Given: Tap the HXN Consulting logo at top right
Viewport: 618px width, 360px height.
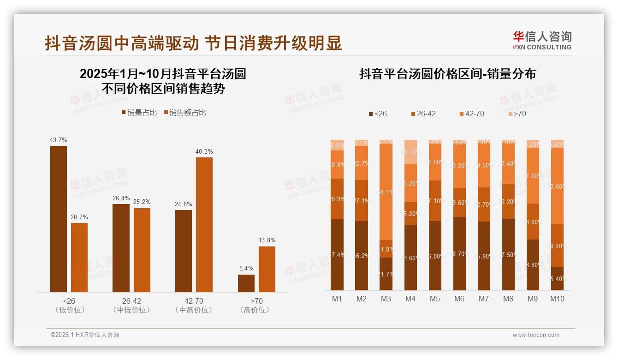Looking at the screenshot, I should (542, 41).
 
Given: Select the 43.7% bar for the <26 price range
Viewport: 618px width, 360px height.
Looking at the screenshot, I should (59, 219).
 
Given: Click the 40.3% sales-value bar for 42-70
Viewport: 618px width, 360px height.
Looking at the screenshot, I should (204, 224).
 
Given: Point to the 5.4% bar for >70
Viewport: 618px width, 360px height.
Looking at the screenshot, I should (246, 283).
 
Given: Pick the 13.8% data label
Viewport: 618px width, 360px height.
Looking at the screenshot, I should (267, 240).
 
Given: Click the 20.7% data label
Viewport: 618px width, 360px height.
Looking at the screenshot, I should (79, 217).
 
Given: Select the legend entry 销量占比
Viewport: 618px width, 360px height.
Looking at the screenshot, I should (139, 113).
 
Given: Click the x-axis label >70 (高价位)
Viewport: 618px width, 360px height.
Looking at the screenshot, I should (255, 305).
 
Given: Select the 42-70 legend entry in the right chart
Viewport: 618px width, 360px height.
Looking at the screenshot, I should (471, 114).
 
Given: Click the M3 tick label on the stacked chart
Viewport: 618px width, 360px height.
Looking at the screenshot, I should (386, 299).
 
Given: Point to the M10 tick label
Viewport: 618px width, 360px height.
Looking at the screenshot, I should (557, 299).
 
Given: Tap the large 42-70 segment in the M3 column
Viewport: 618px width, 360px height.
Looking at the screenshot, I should (386, 192).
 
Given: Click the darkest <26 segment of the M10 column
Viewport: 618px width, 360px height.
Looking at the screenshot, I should (557, 278).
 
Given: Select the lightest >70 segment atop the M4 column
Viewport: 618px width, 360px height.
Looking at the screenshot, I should (410, 151).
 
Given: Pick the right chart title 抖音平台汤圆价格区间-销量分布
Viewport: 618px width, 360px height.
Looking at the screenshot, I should (447, 74).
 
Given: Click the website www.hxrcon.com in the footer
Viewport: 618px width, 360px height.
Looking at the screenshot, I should (536, 335).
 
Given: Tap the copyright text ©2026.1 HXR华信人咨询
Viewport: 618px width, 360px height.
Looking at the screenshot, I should (85, 335).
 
